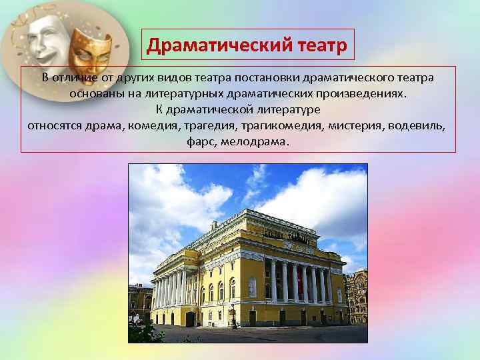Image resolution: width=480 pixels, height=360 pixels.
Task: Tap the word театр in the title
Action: click(x=319, y=45)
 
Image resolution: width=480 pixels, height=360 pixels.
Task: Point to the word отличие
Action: click(x=77, y=78)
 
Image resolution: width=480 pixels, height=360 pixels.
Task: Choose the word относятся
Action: click(x=55, y=125)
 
